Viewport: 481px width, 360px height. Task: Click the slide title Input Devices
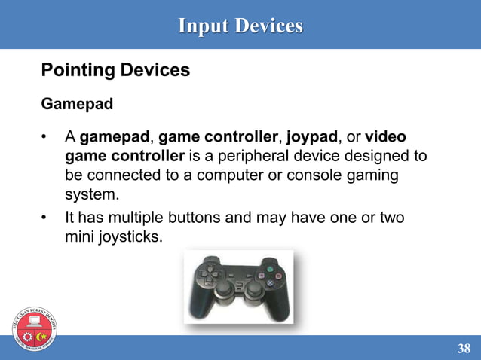click(x=240, y=26)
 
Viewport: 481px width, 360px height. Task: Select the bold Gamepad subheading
click(x=77, y=104)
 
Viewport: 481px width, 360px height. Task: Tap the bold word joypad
click(x=311, y=138)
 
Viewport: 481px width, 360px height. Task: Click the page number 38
click(x=464, y=348)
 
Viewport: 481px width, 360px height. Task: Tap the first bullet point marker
click(x=45, y=138)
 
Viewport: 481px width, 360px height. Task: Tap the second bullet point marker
click(x=45, y=218)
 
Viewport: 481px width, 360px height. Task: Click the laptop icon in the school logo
click(x=35, y=322)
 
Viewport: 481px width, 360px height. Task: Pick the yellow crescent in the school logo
click(x=42, y=334)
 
